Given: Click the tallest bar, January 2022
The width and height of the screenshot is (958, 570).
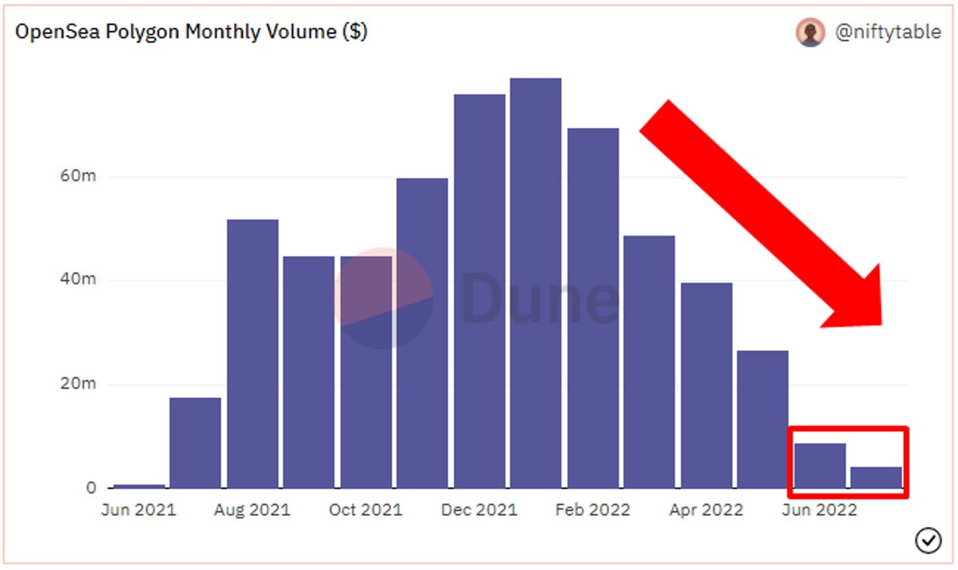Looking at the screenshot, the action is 536,283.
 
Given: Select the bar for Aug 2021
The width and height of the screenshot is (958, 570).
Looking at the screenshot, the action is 252,354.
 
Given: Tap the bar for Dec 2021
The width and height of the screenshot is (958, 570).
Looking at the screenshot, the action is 480,291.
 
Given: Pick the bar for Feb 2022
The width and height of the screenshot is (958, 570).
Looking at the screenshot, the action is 592,308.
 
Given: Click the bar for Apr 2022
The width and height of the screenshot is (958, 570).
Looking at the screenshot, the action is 706,386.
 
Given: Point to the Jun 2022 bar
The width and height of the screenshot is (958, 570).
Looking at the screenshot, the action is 820,465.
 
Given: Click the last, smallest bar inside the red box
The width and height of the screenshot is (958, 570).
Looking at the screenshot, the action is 876,477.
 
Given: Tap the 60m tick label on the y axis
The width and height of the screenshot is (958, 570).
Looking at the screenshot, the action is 78,176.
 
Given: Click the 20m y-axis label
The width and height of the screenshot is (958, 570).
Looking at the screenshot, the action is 78,383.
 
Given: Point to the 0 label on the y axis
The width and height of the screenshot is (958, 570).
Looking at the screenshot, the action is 91,488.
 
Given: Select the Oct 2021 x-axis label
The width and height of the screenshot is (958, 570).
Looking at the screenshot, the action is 366,509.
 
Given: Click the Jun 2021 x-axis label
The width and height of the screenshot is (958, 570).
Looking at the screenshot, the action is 139,509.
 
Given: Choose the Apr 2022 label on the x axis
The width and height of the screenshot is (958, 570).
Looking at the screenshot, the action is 706,509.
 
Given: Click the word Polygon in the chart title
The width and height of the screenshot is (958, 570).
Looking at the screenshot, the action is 142,32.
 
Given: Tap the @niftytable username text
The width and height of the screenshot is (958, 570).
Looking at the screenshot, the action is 888,32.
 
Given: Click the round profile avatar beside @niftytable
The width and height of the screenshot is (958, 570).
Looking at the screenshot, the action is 810,33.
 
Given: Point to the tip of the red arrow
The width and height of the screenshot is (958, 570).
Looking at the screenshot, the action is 881,325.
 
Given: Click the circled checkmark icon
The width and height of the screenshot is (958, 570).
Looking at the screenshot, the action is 928,540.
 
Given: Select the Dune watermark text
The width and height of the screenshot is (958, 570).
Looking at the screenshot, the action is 540,298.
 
